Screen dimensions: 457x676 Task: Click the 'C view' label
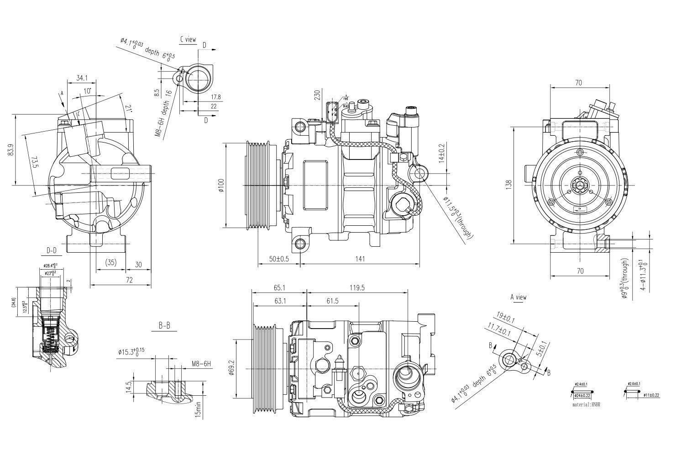188,40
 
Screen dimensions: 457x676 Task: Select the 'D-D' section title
52,250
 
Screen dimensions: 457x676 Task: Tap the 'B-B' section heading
164,326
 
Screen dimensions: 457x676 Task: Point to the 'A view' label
518,298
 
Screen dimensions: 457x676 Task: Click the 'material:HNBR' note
587,405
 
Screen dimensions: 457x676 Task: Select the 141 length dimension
360,259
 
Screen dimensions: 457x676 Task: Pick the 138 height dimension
509,184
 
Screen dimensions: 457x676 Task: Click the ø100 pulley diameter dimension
221,185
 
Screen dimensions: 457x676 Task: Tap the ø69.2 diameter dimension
231,368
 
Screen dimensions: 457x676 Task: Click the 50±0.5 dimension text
279,259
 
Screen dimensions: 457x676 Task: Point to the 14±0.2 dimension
441,154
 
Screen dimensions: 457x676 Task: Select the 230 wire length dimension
317,95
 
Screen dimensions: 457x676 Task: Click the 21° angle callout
129,109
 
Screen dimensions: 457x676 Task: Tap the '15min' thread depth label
197,409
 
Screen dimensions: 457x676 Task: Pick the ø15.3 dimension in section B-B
131,352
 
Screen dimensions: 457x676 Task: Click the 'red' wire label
346,99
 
